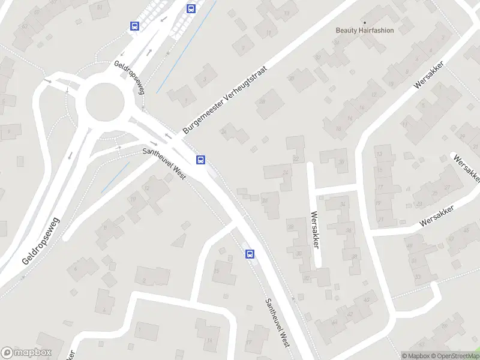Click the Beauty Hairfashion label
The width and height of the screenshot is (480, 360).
pos(364,31)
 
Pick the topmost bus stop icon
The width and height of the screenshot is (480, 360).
pos(191,8)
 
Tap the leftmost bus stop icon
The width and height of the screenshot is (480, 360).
pos(134,26)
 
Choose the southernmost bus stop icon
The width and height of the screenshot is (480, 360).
pos(249,254)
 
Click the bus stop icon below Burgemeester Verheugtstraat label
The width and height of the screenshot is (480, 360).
pos(200,160)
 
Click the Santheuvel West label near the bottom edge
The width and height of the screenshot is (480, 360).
pos(277,323)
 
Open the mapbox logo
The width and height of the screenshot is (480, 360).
pos(26,353)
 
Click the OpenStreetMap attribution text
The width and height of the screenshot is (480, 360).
pos(455,356)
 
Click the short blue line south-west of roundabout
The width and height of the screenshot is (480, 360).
pos(115,177)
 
